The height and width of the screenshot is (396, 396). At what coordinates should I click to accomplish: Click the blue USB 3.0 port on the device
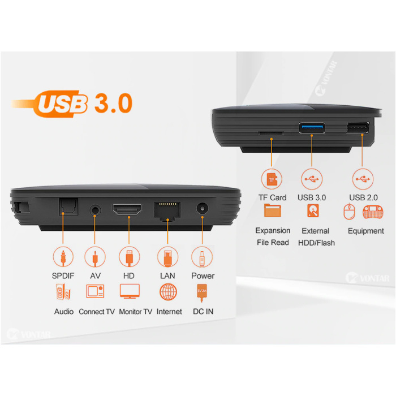click(x=312, y=128)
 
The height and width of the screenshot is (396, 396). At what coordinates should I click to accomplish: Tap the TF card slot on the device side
click(x=271, y=133)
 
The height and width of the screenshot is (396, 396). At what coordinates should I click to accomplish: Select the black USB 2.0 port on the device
click(x=358, y=127)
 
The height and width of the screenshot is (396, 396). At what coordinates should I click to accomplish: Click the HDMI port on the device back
click(x=127, y=209)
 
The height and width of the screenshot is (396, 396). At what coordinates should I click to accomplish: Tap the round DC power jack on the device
click(x=203, y=209)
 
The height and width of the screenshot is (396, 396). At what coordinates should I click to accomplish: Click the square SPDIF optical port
click(x=68, y=207)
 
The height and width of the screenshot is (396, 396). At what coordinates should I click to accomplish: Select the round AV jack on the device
click(x=95, y=210)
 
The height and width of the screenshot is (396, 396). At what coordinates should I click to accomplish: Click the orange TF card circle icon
click(x=272, y=179)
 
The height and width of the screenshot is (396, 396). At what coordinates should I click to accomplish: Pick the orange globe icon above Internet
click(x=168, y=292)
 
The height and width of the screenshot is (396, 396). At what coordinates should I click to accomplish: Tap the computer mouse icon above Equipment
click(x=349, y=212)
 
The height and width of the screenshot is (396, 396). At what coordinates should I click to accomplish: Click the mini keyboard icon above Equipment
click(x=373, y=212)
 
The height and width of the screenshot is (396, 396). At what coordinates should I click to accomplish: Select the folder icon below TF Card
click(x=273, y=210)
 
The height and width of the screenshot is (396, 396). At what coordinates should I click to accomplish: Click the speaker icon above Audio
click(x=63, y=292)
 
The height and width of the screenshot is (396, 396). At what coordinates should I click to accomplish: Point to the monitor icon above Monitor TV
click(x=130, y=291)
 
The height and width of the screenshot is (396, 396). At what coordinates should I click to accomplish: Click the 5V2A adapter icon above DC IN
click(x=202, y=292)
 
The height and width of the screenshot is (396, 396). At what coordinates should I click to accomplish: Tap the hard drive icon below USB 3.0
click(x=313, y=210)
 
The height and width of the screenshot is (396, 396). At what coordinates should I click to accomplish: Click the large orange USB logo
click(x=62, y=104)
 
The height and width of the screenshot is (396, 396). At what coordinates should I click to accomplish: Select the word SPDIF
click(x=63, y=276)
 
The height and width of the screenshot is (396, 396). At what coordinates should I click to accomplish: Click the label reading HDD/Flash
click(x=316, y=243)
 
